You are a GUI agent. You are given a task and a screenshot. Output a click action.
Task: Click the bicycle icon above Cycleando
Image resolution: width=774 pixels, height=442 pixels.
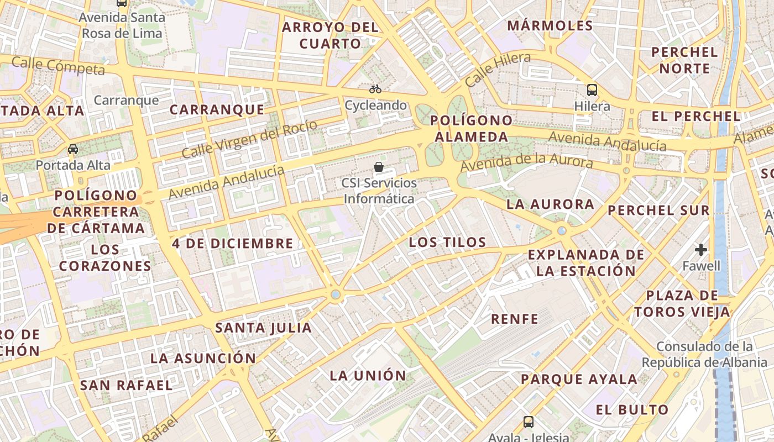(x=375, y=88)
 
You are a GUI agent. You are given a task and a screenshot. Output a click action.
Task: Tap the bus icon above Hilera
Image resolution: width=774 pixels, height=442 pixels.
(x=592, y=90)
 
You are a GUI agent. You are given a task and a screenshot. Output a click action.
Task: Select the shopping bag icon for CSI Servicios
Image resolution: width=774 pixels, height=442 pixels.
(x=379, y=166)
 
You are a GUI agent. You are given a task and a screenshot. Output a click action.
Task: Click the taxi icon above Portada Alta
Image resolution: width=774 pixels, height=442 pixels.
(x=73, y=149)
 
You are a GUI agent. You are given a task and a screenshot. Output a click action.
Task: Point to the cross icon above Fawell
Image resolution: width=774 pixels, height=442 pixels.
(x=701, y=250)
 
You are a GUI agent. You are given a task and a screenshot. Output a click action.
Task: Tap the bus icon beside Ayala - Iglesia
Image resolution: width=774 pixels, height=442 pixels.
(x=529, y=422)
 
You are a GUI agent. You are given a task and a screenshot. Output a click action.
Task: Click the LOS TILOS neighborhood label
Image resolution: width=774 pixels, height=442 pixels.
(x=447, y=242)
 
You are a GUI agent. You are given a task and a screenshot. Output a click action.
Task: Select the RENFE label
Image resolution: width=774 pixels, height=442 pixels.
(x=514, y=319)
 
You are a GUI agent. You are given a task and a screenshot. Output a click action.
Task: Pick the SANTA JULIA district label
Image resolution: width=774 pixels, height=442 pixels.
(x=263, y=328)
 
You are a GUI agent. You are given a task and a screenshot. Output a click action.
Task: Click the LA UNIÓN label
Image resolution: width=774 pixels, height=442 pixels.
(x=368, y=376)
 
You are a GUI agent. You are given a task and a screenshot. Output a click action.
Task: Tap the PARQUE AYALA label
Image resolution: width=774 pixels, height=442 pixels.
(x=579, y=380)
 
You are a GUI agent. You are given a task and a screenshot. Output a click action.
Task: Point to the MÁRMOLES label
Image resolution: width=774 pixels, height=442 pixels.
(x=550, y=25)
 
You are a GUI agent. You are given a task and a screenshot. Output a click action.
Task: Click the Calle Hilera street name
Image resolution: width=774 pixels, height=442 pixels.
(x=498, y=69)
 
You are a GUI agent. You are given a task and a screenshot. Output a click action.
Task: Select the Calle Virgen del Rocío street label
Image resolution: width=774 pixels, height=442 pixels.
(x=250, y=139)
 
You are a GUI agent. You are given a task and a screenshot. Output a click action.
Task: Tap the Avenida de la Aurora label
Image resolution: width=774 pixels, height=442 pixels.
(x=526, y=162)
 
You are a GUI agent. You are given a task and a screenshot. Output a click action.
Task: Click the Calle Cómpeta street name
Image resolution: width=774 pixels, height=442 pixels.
(x=58, y=65)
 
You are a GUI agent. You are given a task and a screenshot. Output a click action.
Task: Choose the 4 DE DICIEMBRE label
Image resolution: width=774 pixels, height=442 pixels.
(x=232, y=243)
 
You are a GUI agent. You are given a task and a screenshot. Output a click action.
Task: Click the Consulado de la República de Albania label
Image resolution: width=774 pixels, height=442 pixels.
(x=704, y=355)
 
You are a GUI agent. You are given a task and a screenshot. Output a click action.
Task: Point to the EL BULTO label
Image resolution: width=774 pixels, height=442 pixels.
(x=632, y=410)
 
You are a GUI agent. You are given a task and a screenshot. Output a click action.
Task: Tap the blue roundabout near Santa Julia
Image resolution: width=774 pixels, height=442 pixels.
(x=335, y=294)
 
